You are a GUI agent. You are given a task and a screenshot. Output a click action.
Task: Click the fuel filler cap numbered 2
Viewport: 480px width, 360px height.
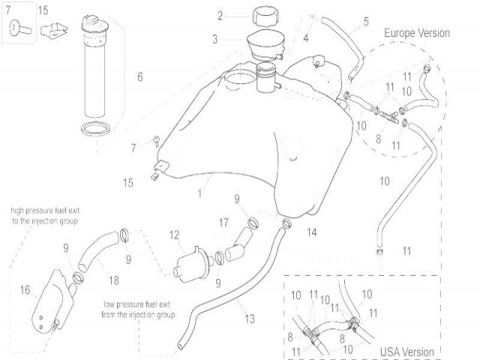point(265,16)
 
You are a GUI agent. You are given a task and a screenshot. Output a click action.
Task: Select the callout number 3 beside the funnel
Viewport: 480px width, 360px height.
point(214,39)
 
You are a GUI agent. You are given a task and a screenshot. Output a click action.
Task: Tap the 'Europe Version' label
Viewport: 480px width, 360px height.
point(417,33)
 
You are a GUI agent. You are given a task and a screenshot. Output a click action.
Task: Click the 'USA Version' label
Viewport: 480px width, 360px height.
point(407,351)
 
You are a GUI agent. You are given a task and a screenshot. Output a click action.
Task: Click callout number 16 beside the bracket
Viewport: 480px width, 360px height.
point(25,289)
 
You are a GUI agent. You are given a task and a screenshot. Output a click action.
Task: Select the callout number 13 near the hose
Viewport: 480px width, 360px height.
point(249,319)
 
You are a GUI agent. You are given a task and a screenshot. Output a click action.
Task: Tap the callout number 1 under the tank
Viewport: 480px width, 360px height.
point(200,193)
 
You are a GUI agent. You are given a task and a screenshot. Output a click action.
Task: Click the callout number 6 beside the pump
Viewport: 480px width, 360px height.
point(139,76)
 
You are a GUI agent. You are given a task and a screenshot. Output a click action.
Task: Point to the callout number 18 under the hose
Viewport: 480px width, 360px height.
point(114,280)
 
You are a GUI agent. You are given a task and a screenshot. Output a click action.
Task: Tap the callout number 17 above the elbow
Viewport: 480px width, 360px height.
point(223,223)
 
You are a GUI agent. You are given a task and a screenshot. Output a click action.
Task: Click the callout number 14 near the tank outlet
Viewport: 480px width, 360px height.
point(311,232)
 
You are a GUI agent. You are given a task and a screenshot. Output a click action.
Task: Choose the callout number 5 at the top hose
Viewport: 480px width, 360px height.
point(365,21)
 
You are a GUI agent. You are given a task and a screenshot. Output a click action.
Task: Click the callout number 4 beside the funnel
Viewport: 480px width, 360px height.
point(306,38)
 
